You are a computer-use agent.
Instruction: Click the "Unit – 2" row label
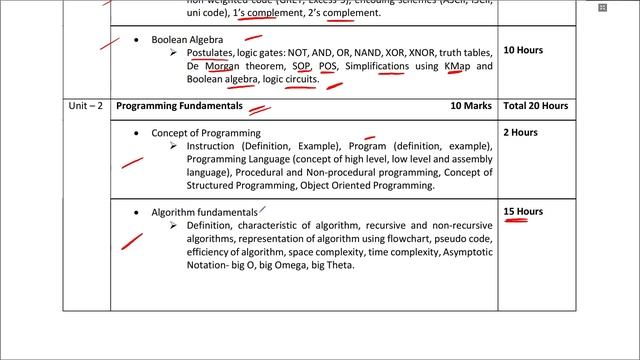pos(73,105)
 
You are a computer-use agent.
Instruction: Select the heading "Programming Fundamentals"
pos(179,105)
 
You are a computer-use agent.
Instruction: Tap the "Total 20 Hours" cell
pos(535,105)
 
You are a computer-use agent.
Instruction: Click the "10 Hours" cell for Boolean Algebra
pos(523,48)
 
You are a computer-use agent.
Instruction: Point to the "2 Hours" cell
pos(520,132)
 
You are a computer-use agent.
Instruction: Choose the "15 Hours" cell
pos(523,212)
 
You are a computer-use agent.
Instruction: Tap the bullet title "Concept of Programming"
pos(206,132)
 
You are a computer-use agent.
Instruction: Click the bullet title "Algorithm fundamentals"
pos(204,212)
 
